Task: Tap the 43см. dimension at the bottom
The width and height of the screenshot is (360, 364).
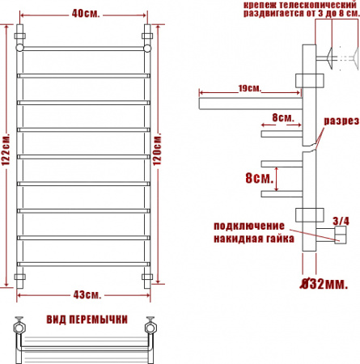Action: click(84, 293)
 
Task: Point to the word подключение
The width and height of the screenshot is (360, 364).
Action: click(248, 225)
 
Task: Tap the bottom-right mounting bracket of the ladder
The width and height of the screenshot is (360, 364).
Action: click(147, 278)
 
